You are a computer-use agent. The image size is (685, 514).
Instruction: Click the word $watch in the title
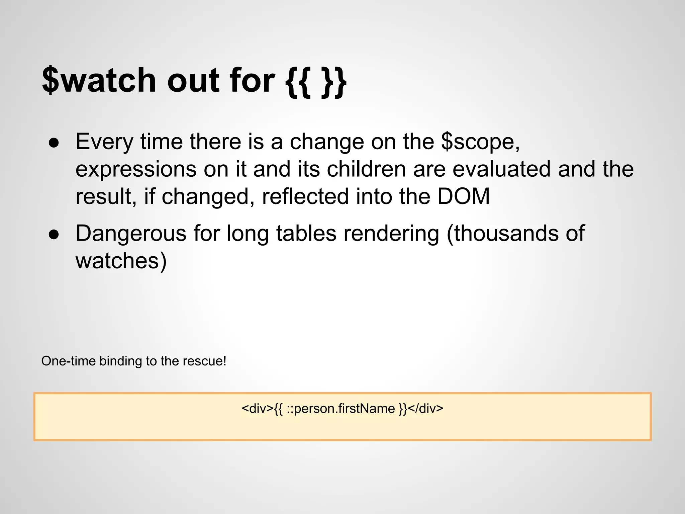coord(99,80)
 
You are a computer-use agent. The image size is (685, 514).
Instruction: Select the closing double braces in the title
coord(333,82)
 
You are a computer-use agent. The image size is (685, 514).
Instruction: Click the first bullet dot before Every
coord(54,143)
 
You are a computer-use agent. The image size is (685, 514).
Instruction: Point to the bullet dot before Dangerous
coord(54,235)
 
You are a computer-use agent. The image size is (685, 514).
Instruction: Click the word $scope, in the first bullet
coord(480,142)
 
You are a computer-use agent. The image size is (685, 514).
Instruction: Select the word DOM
coord(464,196)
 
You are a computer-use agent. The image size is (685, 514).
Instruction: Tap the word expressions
coord(136,169)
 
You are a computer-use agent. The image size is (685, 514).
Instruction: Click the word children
coord(366,169)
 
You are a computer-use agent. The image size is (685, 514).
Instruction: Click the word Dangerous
coord(131,233)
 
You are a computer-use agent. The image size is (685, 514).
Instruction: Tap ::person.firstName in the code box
coord(340,409)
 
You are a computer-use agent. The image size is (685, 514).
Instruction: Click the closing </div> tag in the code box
coord(425,409)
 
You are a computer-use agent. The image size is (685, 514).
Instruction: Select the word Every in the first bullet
coord(104,142)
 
